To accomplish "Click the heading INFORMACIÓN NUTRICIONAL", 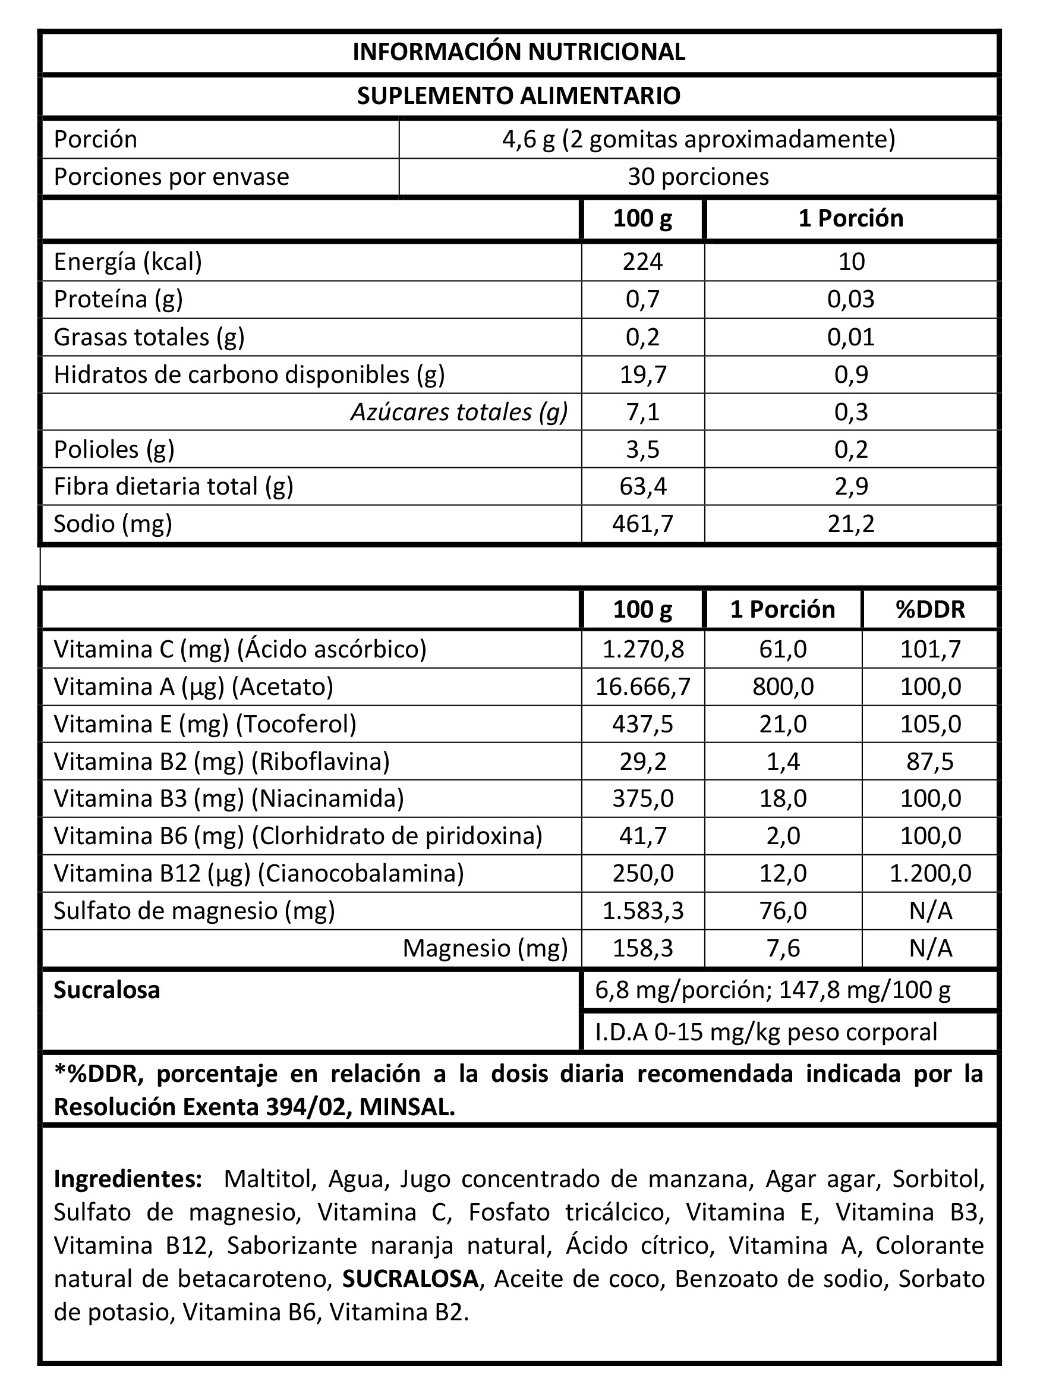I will [519, 52].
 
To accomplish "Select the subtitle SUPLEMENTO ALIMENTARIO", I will [519, 96].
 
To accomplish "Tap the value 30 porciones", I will [698, 177].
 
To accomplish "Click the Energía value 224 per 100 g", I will [642, 261].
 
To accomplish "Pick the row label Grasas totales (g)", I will [149, 337].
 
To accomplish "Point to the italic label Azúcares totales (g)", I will [459, 412].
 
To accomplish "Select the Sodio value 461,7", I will [642, 524].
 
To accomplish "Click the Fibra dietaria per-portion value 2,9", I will [851, 486].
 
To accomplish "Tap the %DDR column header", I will [930, 609].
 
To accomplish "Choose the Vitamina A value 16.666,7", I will [643, 686].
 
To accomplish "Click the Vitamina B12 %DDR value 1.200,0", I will [930, 873].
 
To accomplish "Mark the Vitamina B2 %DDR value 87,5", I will [930, 761].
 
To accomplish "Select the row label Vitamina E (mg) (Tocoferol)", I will [205, 724].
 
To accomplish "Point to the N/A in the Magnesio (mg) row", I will [930, 948].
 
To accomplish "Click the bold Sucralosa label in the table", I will [107, 990].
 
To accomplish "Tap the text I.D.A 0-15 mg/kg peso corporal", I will [765, 1033].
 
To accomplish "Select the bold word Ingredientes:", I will [128, 1179].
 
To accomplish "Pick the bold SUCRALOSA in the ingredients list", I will [411, 1279].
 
